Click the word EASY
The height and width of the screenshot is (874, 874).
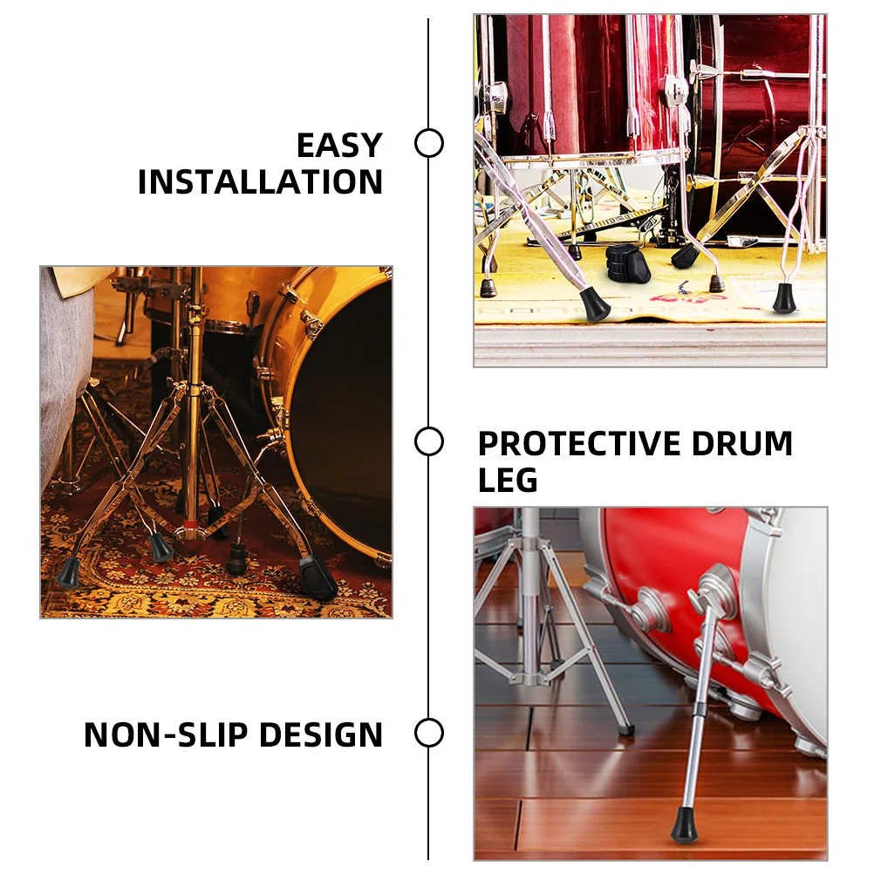[339, 145]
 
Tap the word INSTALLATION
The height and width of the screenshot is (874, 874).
[260, 182]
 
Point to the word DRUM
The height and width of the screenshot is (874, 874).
[742, 444]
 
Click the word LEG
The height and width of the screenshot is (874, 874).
[508, 480]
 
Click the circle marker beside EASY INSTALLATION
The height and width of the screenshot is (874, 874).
[428, 143]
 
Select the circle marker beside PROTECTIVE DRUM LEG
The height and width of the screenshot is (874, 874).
[428, 441]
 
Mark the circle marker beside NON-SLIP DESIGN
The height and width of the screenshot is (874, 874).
[428, 733]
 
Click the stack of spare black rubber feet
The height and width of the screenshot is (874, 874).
[628, 261]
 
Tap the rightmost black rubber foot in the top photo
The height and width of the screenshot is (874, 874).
[783, 298]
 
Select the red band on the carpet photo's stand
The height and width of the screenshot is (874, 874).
[190, 525]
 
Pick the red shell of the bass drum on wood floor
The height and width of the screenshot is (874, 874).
[663, 558]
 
